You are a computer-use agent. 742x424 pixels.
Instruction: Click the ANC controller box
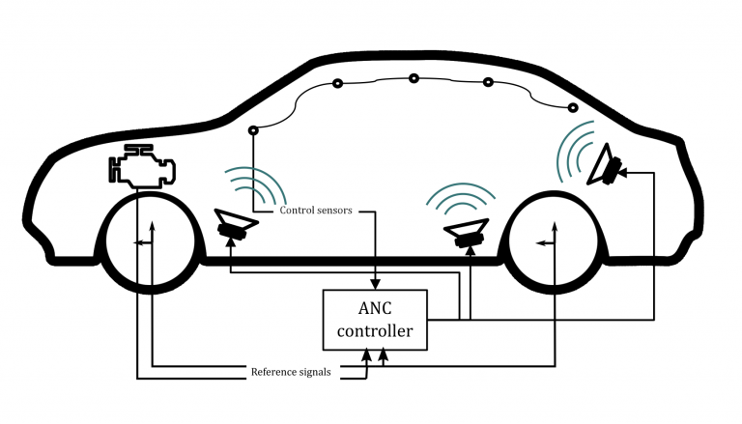[374, 320]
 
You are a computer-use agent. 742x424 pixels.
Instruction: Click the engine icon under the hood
[142, 167]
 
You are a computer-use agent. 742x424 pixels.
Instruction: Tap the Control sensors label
[316, 210]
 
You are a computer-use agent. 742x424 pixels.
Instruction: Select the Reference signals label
[291, 372]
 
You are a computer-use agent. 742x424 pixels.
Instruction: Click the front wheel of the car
[151, 244]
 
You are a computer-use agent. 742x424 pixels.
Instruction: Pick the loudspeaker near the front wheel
[233, 224]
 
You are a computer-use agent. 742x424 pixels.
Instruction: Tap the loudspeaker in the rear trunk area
[606, 164]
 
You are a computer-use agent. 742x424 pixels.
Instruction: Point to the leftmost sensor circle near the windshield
[253, 130]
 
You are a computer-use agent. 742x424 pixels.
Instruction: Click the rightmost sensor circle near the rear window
[573, 107]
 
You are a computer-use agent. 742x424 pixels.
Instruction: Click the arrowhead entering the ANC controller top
[375, 283]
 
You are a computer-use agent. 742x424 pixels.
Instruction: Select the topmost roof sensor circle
[413, 78]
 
